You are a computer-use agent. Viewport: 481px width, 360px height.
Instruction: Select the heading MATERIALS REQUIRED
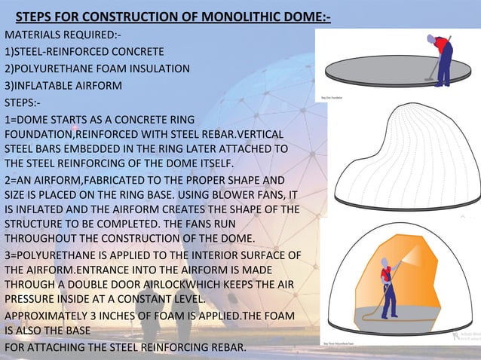click(x=49, y=35)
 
